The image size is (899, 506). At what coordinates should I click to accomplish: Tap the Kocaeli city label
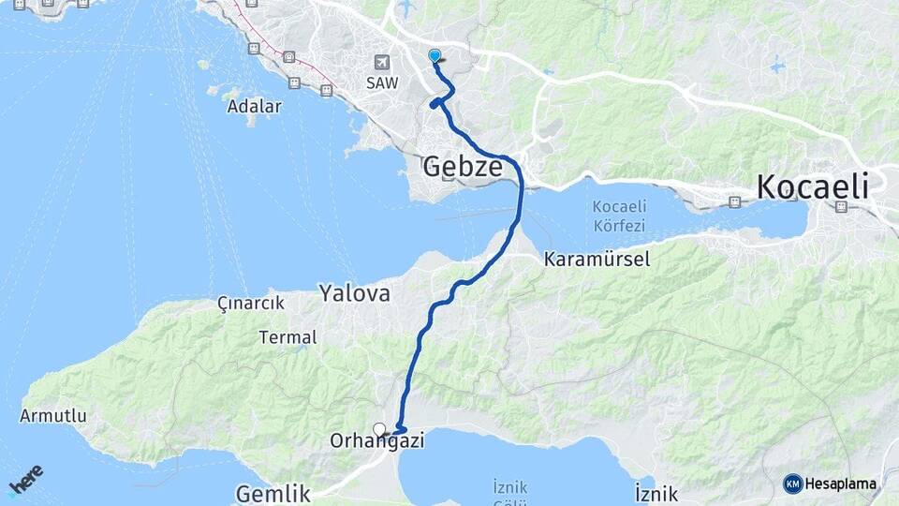pyautogui.click(x=812, y=186)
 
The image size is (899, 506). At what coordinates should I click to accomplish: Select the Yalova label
pyautogui.click(x=354, y=293)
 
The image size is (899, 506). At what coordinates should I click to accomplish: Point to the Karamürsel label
pyautogui.click(x=597, y=260)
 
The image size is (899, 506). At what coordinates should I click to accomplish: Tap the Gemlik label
pyautogui.click(x=273, y=493)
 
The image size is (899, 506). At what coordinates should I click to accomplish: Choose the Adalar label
pyautogui.click(x=254, y=106)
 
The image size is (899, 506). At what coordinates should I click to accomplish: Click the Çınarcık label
pyautogui.click(x=250, y=305)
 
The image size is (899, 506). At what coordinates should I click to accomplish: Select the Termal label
pyautogui.click(x=287, y=336)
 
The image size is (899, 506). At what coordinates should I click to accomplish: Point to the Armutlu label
pyautogui.click(x=52, y=415)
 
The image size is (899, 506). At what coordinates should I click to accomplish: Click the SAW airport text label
pyautogui.click(x=382, y=82)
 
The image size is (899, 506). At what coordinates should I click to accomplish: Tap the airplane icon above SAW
pyautogui.click(x=381, y=62)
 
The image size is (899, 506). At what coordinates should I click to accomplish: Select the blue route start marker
pyautogui.click(x=435, y=55)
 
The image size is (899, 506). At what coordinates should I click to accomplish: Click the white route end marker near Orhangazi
pyautogui.click(x=379, y=429)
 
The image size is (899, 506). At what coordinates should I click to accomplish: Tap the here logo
pyautogui.click(x=25, y=480)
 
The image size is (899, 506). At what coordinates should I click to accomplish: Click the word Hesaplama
pyautogui.click(x=840, y=484)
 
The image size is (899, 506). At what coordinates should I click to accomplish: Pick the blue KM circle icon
pyautogui.click(x=793, y=484)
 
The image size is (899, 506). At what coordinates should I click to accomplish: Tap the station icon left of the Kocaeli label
pyautogui.click(x=736, y=201)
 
